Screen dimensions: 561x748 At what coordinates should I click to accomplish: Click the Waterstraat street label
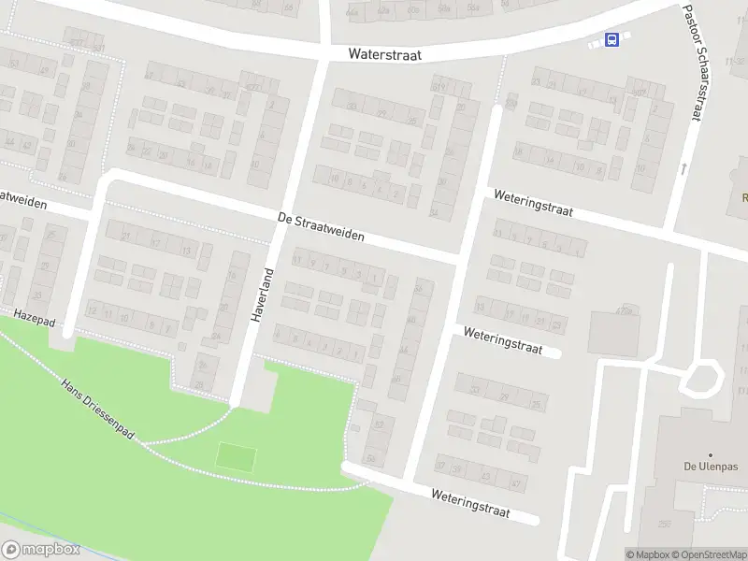[384, 55]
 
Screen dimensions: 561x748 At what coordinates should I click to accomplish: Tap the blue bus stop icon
[611, 39]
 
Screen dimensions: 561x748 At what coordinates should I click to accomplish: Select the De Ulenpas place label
[709, 467]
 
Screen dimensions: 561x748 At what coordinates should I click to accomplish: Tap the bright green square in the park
[236, 457]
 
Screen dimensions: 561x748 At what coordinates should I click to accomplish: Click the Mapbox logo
[40, 551]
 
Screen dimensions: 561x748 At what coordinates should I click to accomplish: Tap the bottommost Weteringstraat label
[470, 503]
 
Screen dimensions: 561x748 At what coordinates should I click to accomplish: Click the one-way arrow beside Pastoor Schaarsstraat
[683, 169]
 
